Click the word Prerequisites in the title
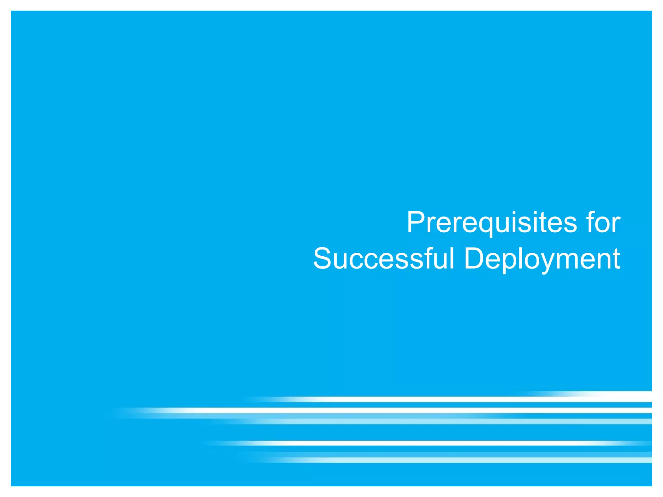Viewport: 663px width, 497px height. click(492, 223)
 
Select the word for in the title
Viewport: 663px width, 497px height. click(603, 223)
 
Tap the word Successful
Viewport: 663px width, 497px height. click(384, 259)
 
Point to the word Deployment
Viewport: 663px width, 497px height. click(542, 259)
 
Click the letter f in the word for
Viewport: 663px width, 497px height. click(590, 222)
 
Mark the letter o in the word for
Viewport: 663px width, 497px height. click(603, 224)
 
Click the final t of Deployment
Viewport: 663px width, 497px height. click(616, 259)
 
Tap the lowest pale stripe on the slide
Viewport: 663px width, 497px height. click(453, 460)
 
